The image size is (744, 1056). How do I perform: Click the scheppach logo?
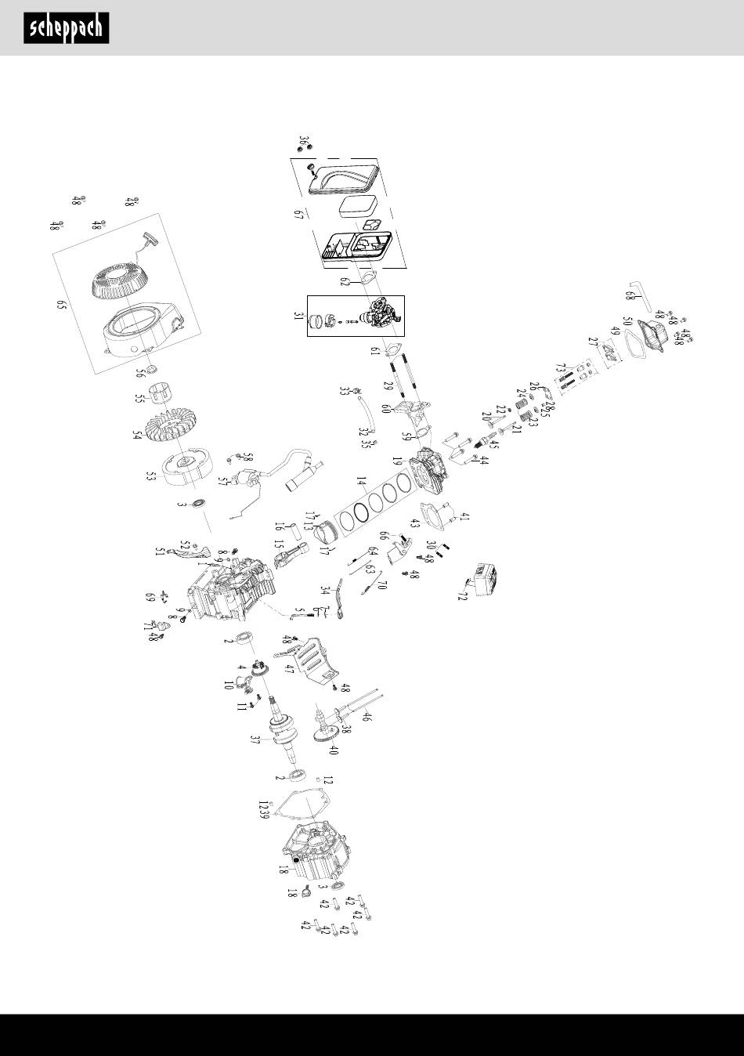point(66,29)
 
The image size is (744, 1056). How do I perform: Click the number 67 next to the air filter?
point(298,215)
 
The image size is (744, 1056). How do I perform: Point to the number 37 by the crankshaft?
point(255,740)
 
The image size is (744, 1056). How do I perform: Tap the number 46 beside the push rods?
point(367,715)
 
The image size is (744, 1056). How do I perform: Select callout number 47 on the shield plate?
point(289,668)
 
